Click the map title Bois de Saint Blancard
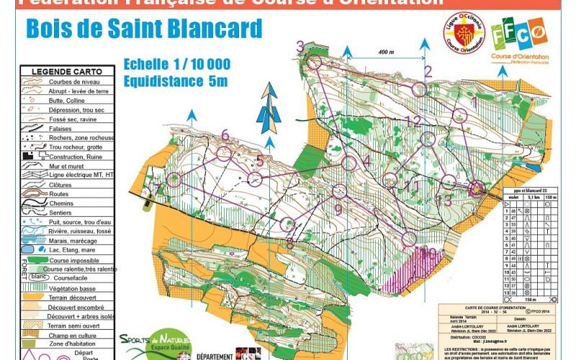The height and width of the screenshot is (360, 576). coord(144,30)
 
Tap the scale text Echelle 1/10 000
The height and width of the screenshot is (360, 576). coord(177,64)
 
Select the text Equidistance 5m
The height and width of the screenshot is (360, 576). coord(175,81)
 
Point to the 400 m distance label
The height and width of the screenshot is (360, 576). coord(386,52)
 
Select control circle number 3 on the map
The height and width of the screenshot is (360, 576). coord(314,63)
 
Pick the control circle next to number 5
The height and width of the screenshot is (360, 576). coord(256,177)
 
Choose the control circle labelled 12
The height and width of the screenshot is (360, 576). coord(428,138)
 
